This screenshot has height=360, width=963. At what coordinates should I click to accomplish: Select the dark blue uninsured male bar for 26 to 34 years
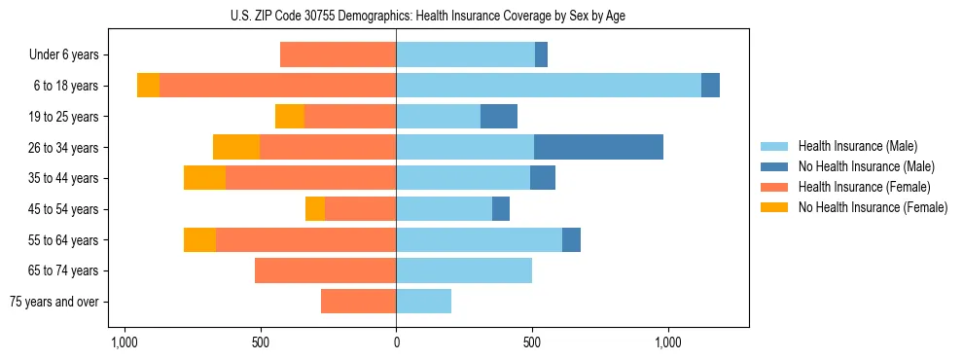(598, 147)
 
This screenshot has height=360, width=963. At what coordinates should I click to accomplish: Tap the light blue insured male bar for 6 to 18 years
(549, 86)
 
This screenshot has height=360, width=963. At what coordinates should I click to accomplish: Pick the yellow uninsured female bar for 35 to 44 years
(204, 178)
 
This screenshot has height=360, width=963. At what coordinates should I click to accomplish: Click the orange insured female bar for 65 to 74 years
(325, 270)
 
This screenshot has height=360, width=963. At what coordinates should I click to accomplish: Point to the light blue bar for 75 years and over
(423, 302)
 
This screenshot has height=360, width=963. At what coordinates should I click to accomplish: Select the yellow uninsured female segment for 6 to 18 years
(148, 86)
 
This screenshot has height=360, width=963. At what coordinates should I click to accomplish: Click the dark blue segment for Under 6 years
(541, 54)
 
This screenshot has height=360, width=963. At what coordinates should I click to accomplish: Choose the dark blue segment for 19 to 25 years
(499, 117)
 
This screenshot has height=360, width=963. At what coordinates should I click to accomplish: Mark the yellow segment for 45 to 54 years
(315, 209)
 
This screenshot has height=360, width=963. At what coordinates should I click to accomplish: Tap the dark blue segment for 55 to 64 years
(571, 239)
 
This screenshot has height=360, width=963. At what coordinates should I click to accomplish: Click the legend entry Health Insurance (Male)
(857, 146)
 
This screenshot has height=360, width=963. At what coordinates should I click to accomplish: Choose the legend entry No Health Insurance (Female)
(873, 207)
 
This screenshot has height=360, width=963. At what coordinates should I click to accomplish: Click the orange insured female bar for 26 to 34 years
(328, 147)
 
